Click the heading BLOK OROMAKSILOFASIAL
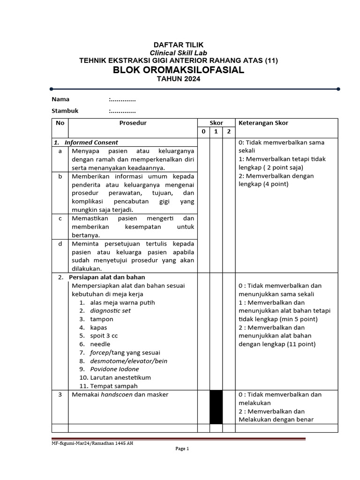click(x=179, y=70)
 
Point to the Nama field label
click(x=60, y=99)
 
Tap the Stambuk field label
click(x=65, y=111)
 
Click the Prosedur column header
click(x=133, y=123)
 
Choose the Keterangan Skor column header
click(x=263, y=123)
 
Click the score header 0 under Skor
click(x=203, y=132)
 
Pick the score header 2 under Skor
click(x=229, y=132)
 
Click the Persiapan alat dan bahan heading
click(x=107, y=277)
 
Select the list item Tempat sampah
click(x=114, y=386)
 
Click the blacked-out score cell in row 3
click(x=216, y=407)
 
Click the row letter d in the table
click(x=60, y=243)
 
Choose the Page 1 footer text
click(x=181, y=449)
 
